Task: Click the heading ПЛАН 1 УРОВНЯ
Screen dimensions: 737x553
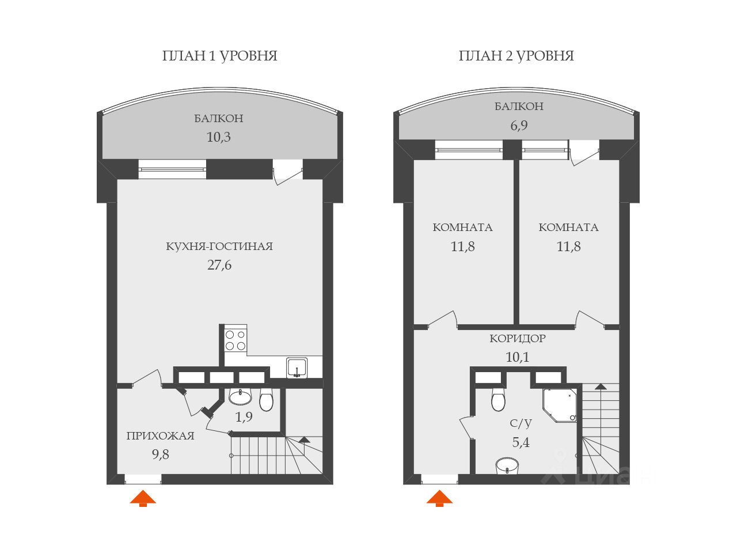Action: pos(219,56)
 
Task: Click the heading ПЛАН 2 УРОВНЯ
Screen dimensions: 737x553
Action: pos(516,56)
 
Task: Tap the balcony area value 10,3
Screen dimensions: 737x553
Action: pos(219,137)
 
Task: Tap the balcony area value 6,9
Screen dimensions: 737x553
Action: pos(519,125)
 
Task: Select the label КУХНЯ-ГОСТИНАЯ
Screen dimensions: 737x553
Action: pos(219,247)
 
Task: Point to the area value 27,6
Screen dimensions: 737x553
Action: pos(219,265)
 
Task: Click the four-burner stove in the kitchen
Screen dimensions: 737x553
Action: pos(235,340)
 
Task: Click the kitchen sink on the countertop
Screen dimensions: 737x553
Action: pos(297,368)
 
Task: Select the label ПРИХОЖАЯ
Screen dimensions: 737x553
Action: pos(160,435)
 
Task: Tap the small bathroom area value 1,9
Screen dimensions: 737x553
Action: pos(244,417)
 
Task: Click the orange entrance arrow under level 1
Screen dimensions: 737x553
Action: pos(143,498)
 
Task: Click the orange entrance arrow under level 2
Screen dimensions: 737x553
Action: pos(439,498)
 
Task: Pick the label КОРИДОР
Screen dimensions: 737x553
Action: pos(518,338)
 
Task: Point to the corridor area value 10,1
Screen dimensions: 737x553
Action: pos(517,357)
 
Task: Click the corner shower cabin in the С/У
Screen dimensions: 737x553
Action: pos(560,404)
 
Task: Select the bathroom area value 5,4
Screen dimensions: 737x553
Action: pos(521,442)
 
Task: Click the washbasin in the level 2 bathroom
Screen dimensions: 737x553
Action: pos(507,465)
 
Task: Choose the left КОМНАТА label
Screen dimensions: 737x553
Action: pos(462,227)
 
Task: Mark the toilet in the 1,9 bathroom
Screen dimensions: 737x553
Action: pos(267,400)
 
